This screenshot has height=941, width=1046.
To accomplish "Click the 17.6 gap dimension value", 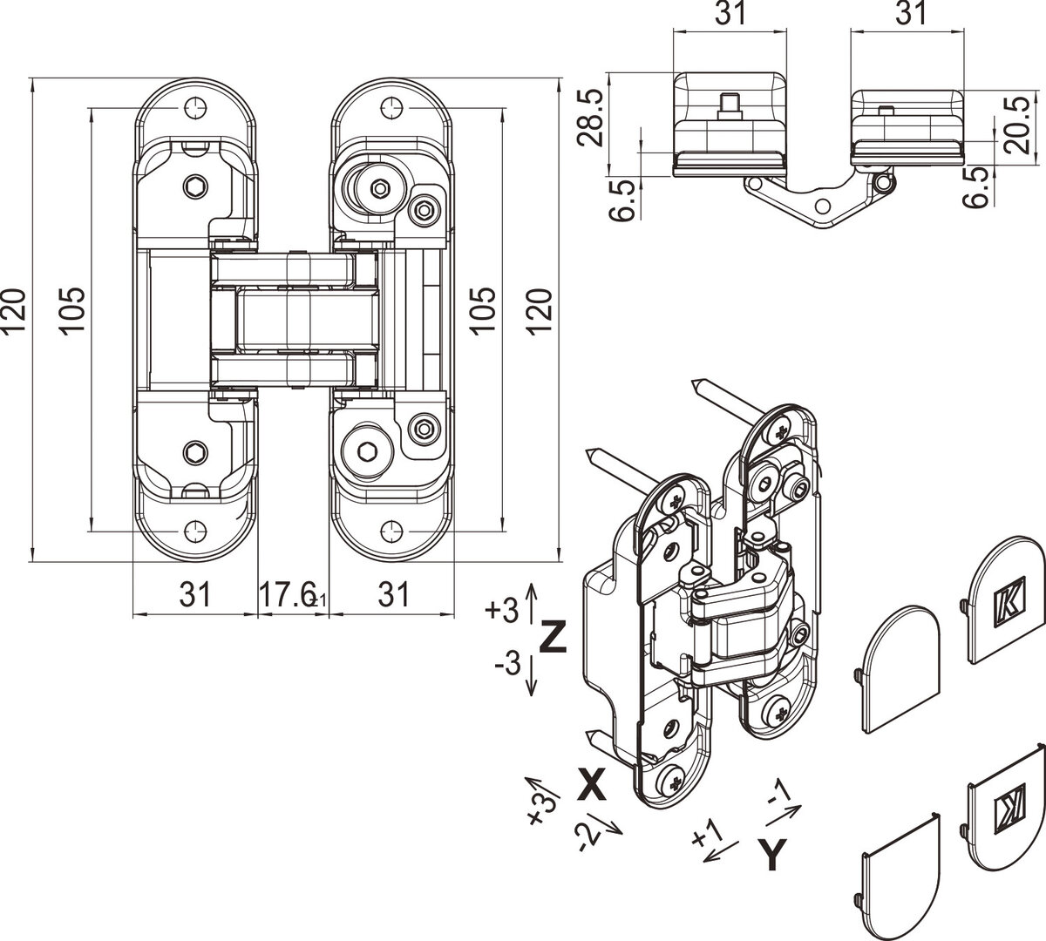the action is point(289,595).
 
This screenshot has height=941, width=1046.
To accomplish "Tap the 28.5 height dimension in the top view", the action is point(591,118).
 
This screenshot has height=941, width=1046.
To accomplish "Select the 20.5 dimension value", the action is point(1017,125).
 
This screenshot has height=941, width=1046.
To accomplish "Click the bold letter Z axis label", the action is point(554,636).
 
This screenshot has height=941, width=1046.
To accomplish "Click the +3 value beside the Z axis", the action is point(501,609).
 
